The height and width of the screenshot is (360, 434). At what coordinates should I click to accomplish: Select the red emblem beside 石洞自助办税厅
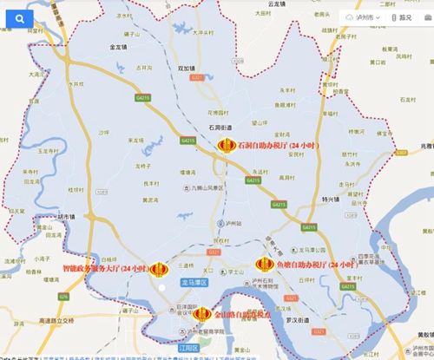226,146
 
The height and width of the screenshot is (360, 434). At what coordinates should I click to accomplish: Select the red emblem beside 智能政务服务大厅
159,269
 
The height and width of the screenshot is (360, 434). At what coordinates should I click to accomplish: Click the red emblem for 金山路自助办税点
197,313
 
